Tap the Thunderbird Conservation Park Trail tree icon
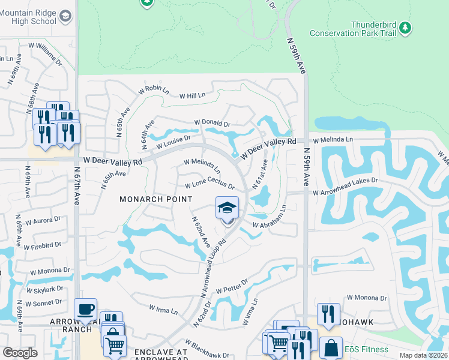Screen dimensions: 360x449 click(x=406, y=28)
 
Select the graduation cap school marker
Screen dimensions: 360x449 click(x=228, y=209)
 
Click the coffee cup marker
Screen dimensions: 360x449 click(x=85, y=310)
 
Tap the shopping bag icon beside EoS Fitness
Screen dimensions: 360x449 click(x=331, y=348)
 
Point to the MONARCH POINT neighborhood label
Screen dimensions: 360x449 click(x=155, y=199)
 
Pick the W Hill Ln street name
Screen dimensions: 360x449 click(x=192, y=95)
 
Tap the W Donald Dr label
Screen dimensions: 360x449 click(x=212, y=124)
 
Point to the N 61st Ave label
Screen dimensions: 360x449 click(x=260, y=175)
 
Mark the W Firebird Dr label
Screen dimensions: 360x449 click(x=41, y=245)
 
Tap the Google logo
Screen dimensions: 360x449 click(x=20, y=352)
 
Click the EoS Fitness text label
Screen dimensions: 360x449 click(x=366, y=349)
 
